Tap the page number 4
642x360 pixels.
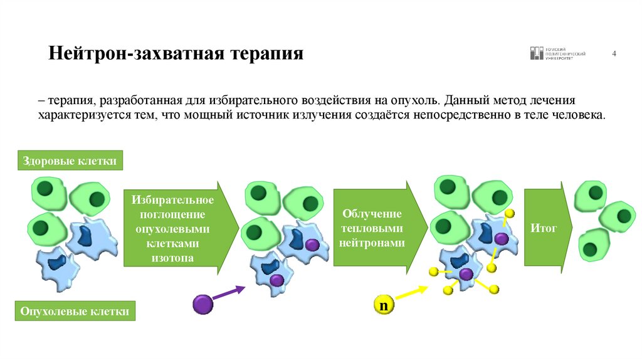coord(614,53)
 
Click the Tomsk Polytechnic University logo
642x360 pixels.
coord(558,53)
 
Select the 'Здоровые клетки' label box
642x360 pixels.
coord(70,161)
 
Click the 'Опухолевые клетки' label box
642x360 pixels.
coord(75,310)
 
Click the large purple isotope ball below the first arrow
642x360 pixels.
coord(203,304)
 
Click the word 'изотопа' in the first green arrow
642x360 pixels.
coord(173,257)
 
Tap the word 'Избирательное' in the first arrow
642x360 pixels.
coord(173,200)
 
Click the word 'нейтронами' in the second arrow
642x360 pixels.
coord(372,242)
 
